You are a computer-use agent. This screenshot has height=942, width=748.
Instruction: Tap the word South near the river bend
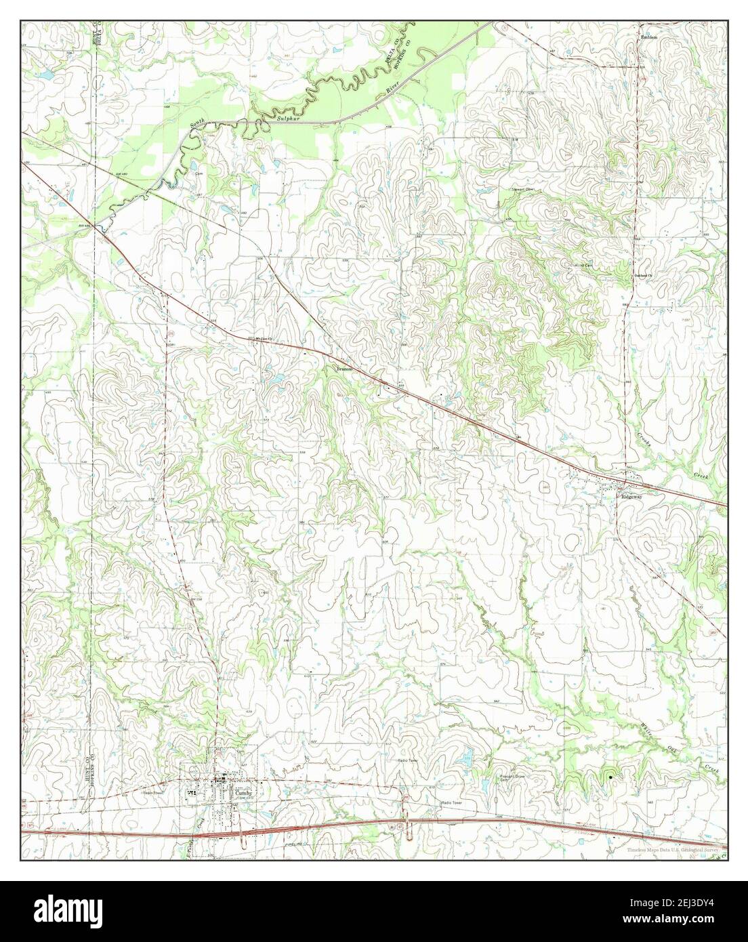(197, 123)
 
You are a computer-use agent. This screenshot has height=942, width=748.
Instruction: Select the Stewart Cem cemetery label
(522, 190)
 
